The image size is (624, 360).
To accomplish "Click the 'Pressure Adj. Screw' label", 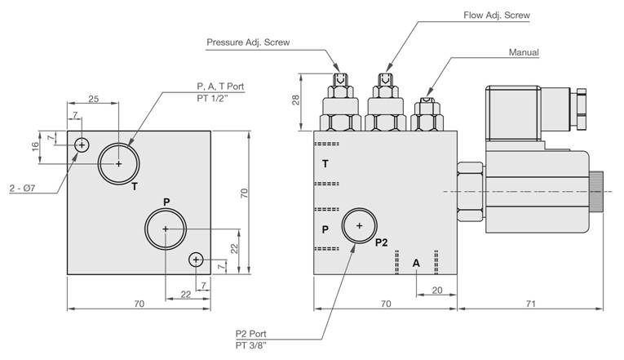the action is pos(248,42).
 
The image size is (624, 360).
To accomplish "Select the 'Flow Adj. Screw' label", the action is pos(497,16).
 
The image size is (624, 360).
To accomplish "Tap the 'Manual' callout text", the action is pos(524,52).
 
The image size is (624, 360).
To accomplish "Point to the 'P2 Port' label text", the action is pos(250,334).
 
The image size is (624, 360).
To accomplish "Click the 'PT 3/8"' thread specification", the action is pos(250,345).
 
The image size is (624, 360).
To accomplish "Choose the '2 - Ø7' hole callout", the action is pos(23,188).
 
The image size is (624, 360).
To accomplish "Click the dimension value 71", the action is pos(530,304).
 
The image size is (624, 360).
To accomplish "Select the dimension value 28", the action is pos(295,100).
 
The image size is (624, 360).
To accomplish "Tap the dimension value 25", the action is pos(94,99).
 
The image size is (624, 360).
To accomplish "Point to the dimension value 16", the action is pos(35,147).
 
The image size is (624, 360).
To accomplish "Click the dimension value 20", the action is pos(437,291).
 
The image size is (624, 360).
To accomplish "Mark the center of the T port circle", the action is pos(118,163).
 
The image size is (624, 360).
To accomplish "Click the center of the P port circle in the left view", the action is pos(166,229).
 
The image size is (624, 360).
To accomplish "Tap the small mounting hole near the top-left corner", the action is pos(82,145).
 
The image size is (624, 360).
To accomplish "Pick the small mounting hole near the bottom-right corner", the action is pos(196,260).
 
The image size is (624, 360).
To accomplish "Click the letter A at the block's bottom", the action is pos(416,263).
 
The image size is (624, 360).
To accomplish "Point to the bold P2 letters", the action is pos(381,242).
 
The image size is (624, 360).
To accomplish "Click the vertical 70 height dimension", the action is pos(244,193).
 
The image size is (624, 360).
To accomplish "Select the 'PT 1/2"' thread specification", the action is pos(213,98).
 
